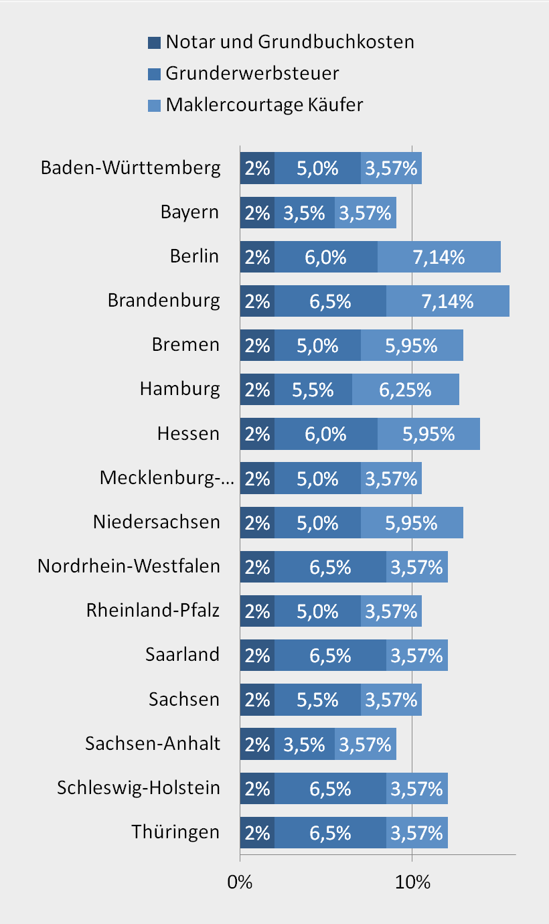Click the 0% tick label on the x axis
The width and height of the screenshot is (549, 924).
[240, 882]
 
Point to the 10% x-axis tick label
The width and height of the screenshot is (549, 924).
[412, 882]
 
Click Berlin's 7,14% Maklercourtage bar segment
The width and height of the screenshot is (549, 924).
[439, 256]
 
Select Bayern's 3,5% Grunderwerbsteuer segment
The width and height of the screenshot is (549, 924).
[305, 213]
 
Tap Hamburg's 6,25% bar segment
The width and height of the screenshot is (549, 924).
[406, 389]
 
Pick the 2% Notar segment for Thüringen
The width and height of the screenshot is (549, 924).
[257, 832]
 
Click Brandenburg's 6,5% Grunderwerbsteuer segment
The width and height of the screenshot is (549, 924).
[330, 301]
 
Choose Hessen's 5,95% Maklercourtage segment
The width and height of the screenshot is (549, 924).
[428, 433]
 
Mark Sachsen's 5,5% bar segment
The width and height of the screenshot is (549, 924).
[317, 700]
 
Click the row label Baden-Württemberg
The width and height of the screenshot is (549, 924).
[131, 167]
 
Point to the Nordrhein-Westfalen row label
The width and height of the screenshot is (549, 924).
[129, 566]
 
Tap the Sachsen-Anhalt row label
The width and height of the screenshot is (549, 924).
[153, 743]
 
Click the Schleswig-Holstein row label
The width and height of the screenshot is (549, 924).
[139, 787]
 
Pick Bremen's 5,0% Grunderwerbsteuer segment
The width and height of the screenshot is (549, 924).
[317, 345]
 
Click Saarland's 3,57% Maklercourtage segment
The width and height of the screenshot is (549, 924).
[417, 656]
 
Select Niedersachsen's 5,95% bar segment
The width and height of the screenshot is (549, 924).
[412, 522]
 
